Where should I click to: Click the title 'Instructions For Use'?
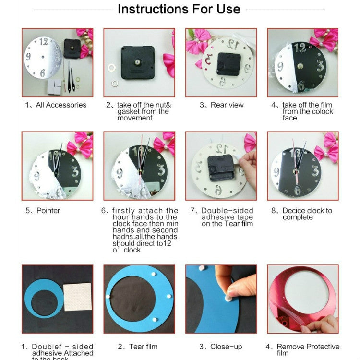(x=179, y=9)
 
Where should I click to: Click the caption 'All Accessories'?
(x=56, y=105)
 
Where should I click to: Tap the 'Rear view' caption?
(x=222, y=105)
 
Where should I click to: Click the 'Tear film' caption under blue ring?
(x=139, y=347)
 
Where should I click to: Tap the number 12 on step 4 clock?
(x=301, y=48)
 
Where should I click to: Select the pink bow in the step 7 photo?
(x=250, y=143)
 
